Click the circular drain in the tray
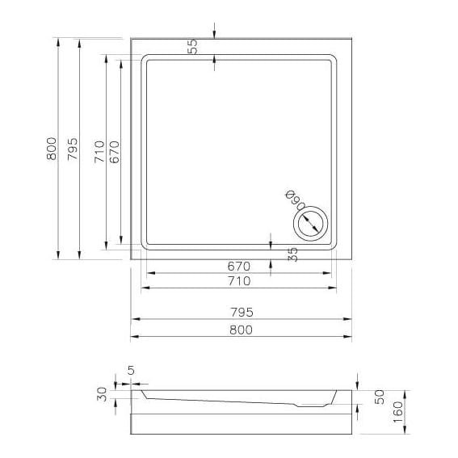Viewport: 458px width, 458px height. click(x=309, y=221)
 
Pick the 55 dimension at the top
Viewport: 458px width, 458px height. click(x=192, y=47)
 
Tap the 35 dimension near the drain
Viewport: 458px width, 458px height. click(x=293, y=254)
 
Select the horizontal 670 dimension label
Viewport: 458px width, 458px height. click(x=239, y=266)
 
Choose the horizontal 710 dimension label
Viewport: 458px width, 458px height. click(x=239, y=281)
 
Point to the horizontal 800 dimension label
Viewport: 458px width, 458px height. click(x=241, y=329)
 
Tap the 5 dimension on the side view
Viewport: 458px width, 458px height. click(x=130, y=372)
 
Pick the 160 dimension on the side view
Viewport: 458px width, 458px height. click(x=398, y=412)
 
